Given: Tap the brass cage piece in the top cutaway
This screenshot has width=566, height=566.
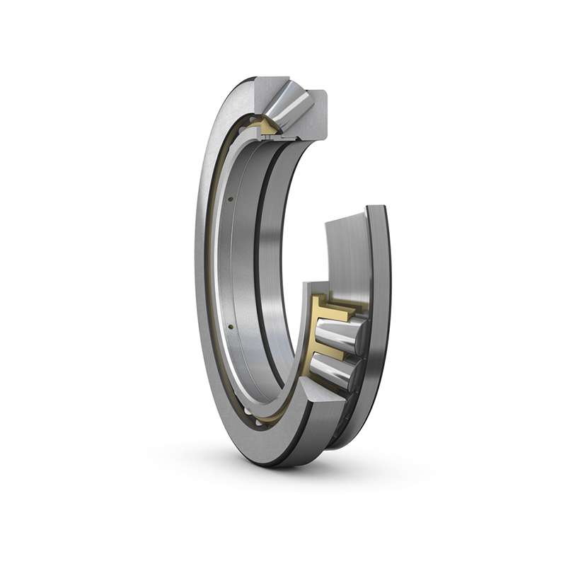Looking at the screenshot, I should pyautogui.click(x=269, y=127).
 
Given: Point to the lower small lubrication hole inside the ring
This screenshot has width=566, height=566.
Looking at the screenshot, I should pyautogui.click(x=231, y=327).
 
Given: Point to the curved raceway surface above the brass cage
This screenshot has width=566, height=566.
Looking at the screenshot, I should pyautogui.click(x=347, y=255).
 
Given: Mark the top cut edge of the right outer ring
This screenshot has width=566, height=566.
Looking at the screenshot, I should pyautogui.click(x=376, y=209).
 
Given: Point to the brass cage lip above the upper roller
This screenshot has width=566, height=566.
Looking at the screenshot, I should pyautogui.click(x=340, y=308).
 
